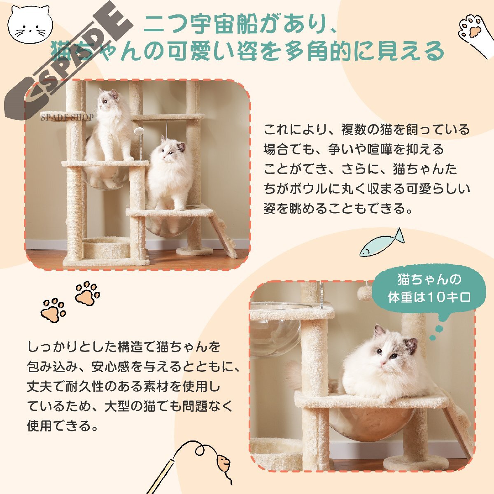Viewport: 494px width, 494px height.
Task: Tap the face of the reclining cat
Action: pos(391,350)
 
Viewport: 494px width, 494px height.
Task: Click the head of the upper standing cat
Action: pos(108,100)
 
